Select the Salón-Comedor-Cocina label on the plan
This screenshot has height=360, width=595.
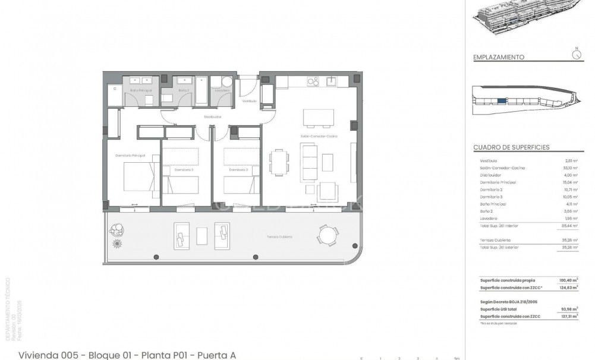319,136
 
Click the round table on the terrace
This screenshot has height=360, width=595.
327,235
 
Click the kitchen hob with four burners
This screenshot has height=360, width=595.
311,81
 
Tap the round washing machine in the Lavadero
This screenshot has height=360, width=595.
226,83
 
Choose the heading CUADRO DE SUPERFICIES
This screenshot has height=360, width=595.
511,147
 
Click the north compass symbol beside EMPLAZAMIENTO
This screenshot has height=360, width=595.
575,54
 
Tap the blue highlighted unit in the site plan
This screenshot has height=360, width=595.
502,102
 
